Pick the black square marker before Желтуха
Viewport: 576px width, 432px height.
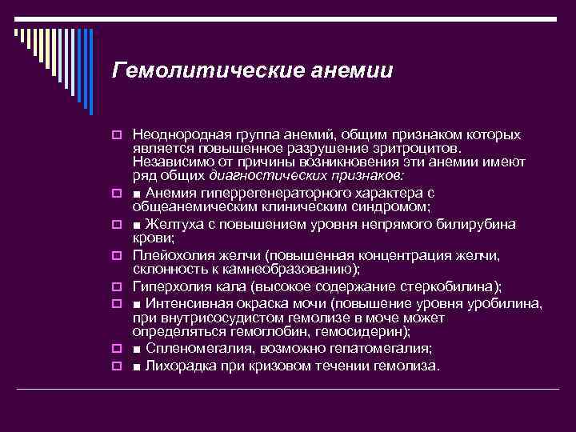click(138, 226)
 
